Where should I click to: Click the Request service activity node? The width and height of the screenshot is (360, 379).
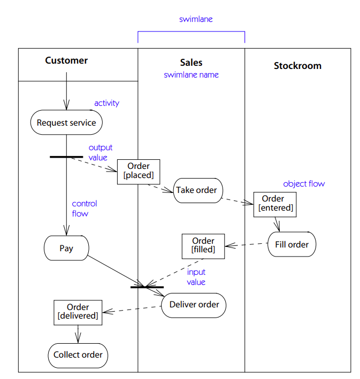click(x=66, y=122)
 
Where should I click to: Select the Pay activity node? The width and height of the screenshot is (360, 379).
click(x=66, y=248)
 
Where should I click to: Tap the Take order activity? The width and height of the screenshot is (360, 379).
click(x=197, y=190)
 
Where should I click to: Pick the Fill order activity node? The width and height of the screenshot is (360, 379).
click(x=292, y=245)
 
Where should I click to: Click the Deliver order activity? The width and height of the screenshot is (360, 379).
click(x=194, y=305)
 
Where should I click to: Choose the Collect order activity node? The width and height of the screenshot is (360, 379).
click(x=78, y=355)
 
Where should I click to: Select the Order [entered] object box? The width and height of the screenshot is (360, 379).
click(x=275, y=204)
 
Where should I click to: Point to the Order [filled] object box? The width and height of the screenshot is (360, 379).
click(x=203, y=245)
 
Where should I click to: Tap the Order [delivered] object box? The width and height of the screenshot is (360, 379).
click(x=78, y=312)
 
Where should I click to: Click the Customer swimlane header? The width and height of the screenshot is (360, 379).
click(x=66, y=61)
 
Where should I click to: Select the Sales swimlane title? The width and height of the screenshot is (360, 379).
click(x=191, y=63)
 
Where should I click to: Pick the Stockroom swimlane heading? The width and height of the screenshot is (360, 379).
click(x=297, y=66)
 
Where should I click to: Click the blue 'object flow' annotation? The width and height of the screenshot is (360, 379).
click(x=303, y=183)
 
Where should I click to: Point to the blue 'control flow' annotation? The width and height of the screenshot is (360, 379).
click(x=85, y=208)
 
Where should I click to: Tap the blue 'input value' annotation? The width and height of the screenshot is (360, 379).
click(x=196, y=277)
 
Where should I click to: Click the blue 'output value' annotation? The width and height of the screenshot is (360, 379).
click(x=100, y=152)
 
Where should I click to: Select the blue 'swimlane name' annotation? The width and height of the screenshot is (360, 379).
click(x=191, y=75)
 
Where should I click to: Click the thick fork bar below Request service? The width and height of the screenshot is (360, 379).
click(x=66, y=157)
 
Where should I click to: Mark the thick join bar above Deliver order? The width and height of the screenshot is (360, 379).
click(x=147, y=287)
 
